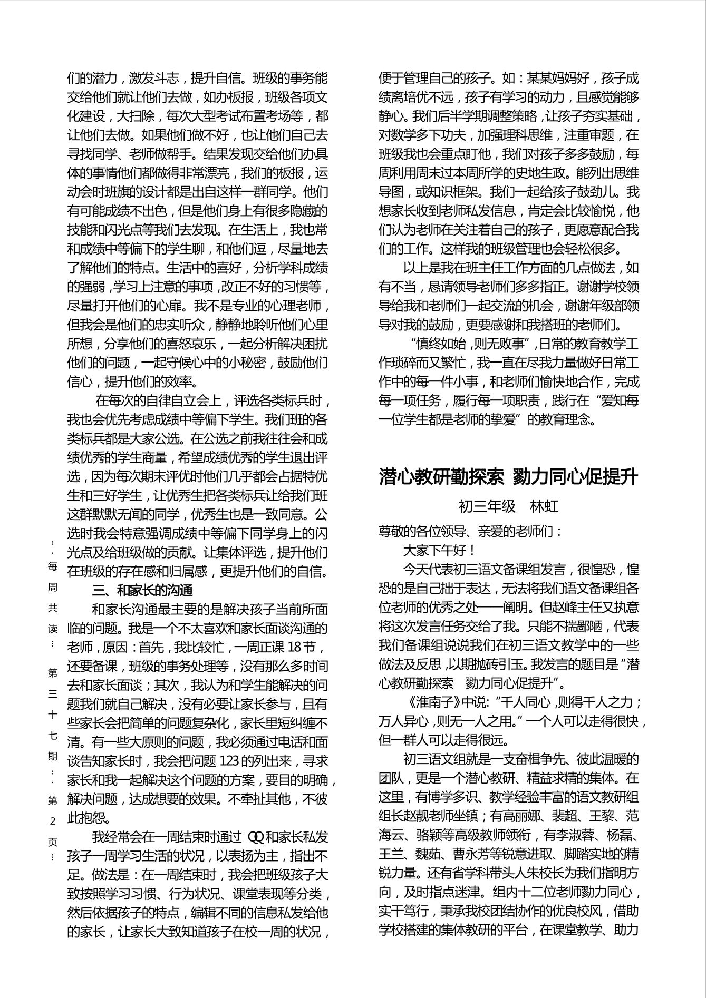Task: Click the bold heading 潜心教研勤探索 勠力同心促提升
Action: tap(508, 477)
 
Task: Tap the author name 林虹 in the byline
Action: tap(544, 506)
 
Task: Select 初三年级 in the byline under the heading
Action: tap(487, 506)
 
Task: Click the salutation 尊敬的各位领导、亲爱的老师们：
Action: tap(470, 531)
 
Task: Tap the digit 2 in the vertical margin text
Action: tap(53, 821)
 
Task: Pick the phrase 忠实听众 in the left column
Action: tap(191, 325)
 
